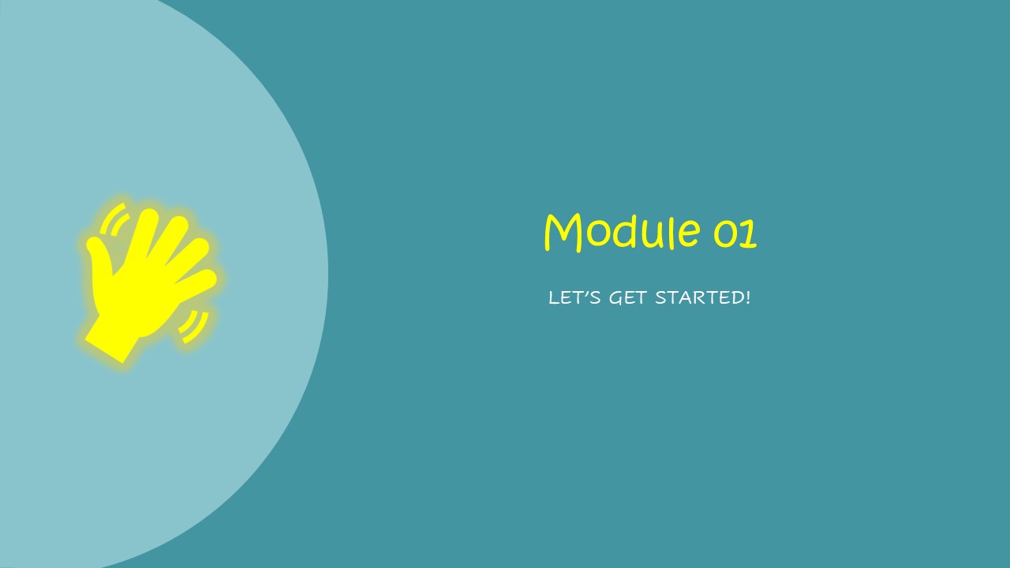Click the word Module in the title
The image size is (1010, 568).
click(x=623, y=232)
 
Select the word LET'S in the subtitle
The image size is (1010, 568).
click(x=574, y=297)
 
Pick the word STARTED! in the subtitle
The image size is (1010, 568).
click(x=703, y=297)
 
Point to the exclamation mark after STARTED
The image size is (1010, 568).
click(x=748, y=297)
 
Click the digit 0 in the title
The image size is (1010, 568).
click(x=725, y=234)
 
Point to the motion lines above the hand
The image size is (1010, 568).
click(x=114, y=219)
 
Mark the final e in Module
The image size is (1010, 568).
click(x=690, y=234)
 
